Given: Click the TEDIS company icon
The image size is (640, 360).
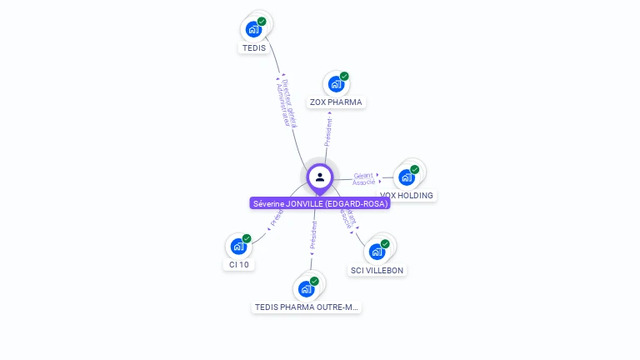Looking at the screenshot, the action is click(254, 29).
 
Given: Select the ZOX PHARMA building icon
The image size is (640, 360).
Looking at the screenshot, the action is click(336, 83).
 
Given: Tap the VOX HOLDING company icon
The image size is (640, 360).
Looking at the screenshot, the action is click(407, 177).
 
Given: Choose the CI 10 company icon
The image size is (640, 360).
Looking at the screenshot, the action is click(239, 246).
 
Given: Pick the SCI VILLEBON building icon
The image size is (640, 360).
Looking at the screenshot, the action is click(377, 251).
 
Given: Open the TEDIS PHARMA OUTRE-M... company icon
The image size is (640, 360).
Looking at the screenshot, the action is click(307, 288).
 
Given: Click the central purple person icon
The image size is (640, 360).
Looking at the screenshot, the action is click(320, 177).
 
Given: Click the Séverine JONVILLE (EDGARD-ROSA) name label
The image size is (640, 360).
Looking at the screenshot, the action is click(320, 203).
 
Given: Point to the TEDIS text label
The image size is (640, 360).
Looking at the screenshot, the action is click(254, 47).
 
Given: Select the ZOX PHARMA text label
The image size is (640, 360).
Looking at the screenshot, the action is click(336, 102).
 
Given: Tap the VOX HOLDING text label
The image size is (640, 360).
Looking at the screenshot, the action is click(407, 196).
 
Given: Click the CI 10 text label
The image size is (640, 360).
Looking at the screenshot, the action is click(239, 265).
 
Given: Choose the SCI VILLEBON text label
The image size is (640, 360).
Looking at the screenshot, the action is click(377, 270).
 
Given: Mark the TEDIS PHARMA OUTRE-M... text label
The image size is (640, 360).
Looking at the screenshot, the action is click(307, 307).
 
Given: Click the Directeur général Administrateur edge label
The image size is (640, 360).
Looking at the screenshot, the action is click(284, 103).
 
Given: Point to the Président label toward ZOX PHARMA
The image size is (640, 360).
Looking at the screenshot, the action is click(328, 132).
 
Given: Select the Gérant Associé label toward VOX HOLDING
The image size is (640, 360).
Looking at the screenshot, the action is click(363, 178).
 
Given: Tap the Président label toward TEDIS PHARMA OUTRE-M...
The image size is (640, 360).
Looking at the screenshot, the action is click(313, 235).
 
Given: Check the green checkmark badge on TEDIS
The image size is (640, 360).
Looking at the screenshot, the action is click(262, 22).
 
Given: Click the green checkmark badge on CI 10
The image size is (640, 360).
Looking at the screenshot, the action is click(247, 238).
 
